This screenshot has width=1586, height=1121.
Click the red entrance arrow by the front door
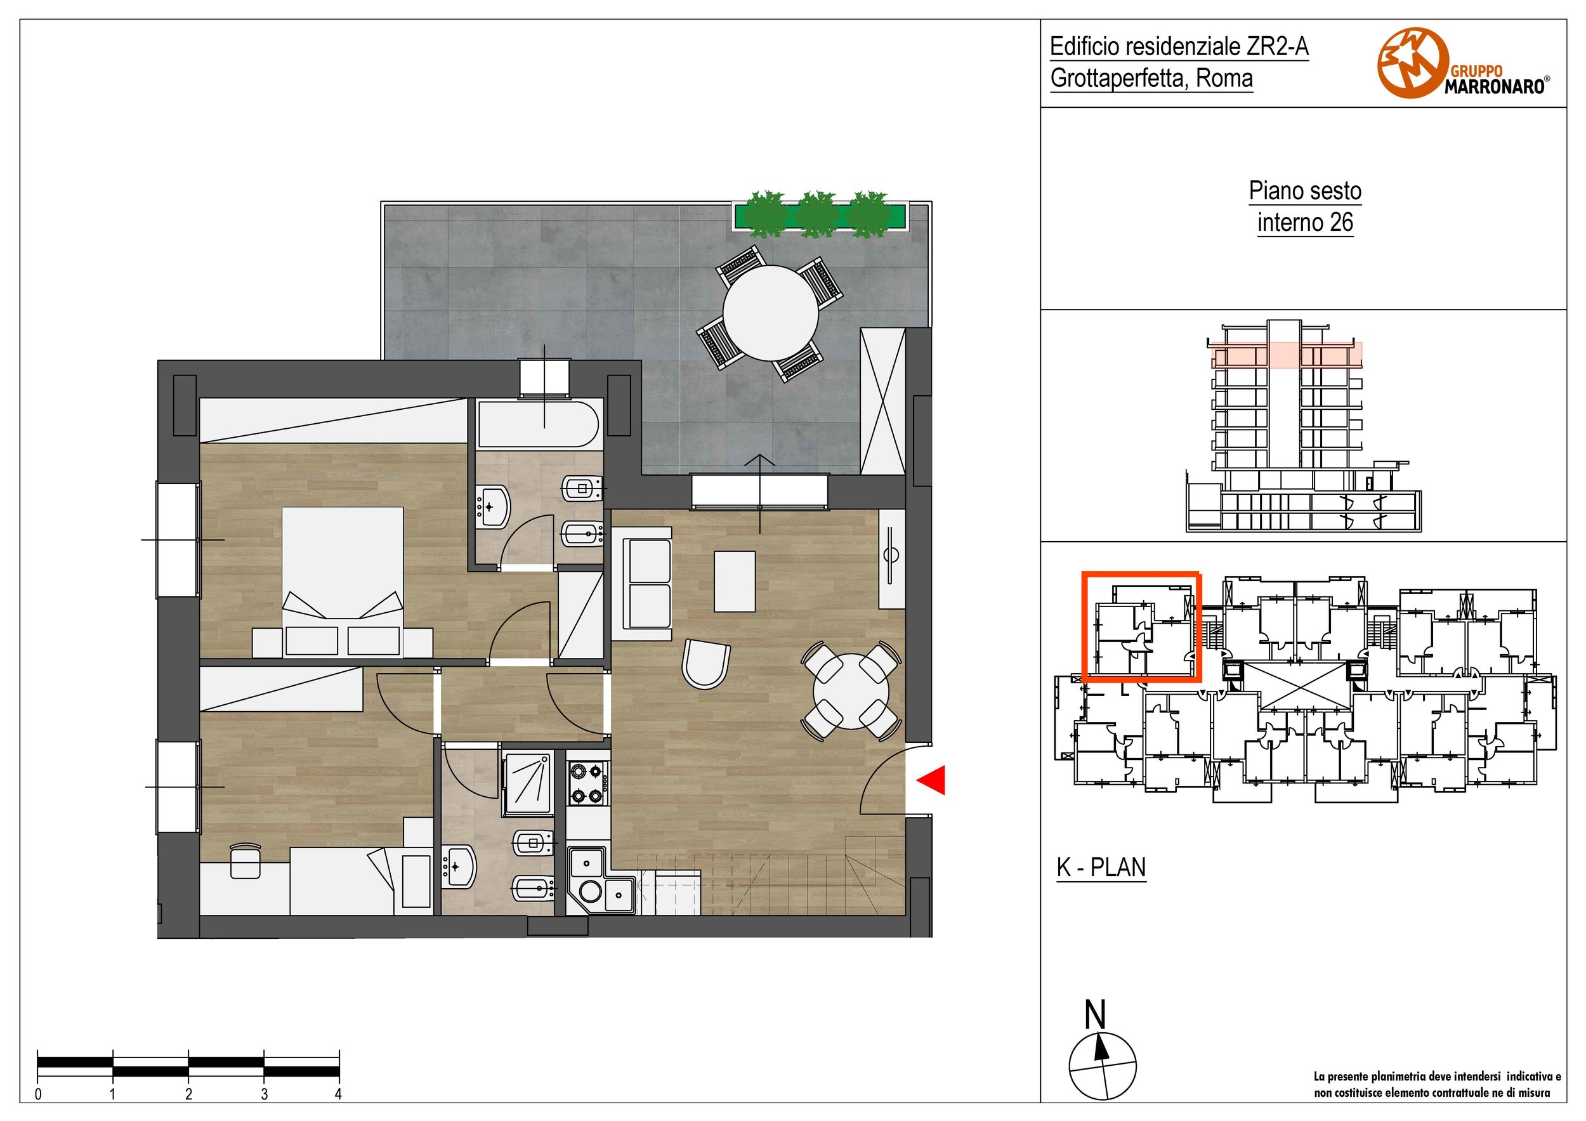tap(931, 780)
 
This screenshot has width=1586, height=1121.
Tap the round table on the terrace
tap(770, 313)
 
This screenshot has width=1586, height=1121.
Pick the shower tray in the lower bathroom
tap(529, 783)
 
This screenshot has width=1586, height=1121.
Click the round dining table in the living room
tap(851, 692)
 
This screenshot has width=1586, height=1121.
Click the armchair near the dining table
tap(705, 664)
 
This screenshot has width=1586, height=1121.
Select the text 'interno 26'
tap(1305, 223)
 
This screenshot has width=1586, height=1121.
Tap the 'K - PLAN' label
tap(1101, 867)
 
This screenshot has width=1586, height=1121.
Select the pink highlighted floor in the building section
tap(1285, 355)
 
